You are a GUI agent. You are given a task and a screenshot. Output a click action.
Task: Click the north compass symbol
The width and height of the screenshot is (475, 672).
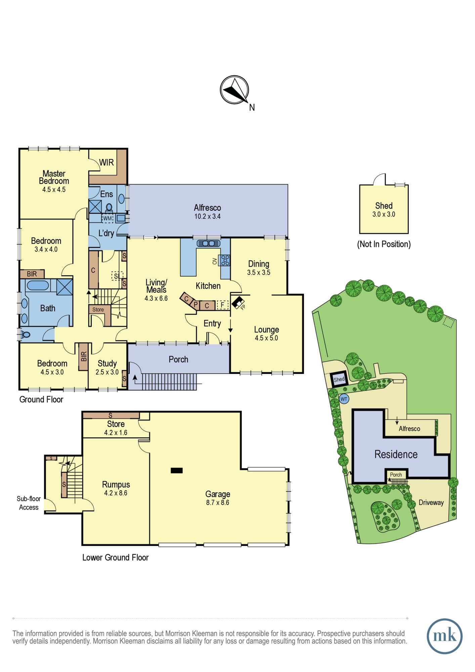click(234, 90)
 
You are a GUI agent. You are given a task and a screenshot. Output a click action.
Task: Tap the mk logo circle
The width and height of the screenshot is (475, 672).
click(444, 636)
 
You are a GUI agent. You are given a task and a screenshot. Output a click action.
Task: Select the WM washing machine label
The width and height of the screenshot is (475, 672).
click(107, 218)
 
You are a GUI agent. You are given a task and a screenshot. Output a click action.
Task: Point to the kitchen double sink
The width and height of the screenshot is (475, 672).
click(208, 243)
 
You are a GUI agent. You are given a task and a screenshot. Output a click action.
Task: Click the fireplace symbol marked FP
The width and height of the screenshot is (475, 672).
click(239, 303)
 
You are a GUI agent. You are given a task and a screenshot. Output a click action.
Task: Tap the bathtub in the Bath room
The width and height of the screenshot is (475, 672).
click(38, 286)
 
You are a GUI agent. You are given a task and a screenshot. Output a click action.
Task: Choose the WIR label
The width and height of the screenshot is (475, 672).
click(106, 163)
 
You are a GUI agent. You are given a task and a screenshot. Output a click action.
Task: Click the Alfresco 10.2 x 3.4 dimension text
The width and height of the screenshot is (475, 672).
click(207, 216)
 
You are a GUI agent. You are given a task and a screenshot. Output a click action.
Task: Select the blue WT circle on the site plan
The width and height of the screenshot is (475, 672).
click(344, 399)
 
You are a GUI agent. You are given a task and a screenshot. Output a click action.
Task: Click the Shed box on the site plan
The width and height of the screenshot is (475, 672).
click(339, 379)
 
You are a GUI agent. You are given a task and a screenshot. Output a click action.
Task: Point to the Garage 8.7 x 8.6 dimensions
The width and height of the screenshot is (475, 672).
click(218, 503)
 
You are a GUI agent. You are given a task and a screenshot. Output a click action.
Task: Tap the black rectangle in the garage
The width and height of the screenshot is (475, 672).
click(177, 470)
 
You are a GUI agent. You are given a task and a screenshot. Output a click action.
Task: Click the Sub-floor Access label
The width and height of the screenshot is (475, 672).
click(29, 503)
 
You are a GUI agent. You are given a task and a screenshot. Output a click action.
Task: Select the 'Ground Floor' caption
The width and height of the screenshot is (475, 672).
click(41, 400)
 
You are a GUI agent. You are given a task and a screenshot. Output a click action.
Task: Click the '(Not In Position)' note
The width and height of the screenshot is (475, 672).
click(384, 244)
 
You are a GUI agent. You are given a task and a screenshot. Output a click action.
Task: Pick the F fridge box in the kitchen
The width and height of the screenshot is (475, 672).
click(222, 305)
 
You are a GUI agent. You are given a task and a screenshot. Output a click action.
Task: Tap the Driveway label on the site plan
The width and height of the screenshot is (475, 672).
click(431, 503)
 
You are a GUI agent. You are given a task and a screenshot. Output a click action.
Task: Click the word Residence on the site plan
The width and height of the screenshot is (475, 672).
click(396, 454)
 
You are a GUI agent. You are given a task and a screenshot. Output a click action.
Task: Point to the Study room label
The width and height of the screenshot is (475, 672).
click(107, 364)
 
